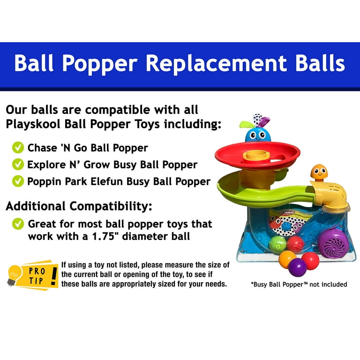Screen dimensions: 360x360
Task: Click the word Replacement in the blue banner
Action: [x=216, y=63]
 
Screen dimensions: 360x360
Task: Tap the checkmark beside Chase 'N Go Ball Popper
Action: [x=18, y=147]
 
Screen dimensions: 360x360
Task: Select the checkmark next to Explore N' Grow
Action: [x=18, y=164]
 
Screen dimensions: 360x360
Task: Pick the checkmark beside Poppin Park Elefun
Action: [x=18, y=181]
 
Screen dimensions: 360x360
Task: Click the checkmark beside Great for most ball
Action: [x=18, y=224]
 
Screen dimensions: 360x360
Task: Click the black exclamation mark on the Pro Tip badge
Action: [x=54, y=276]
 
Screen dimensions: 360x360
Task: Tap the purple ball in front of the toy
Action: [x=298, y=268]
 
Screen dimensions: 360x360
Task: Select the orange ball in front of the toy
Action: [x=287, y=259]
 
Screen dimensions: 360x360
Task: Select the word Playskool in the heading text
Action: [x=34, y=124]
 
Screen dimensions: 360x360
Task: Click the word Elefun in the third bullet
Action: [x=106, y=181]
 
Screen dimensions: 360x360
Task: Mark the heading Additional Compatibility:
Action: [x=79, y=206]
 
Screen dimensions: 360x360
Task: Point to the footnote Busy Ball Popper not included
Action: [x=299, y=285]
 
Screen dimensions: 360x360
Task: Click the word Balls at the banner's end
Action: [x=320, y=63]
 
